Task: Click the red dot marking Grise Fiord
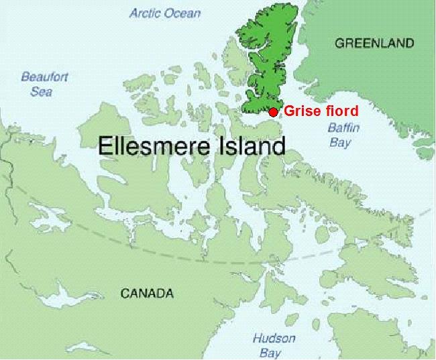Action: tap(273, 111)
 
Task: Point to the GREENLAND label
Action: tap(374, 43)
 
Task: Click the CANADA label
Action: tap(147, 293)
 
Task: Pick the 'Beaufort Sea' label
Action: tap(44, 84)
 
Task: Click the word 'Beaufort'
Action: tap(44, 77)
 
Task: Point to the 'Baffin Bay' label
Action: tap(340, 134)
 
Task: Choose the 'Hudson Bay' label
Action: tap(274, 345)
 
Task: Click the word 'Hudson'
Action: tap(274, 339)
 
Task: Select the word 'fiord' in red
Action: tap(340, 111)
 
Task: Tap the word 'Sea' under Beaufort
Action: tap(42, 91)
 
